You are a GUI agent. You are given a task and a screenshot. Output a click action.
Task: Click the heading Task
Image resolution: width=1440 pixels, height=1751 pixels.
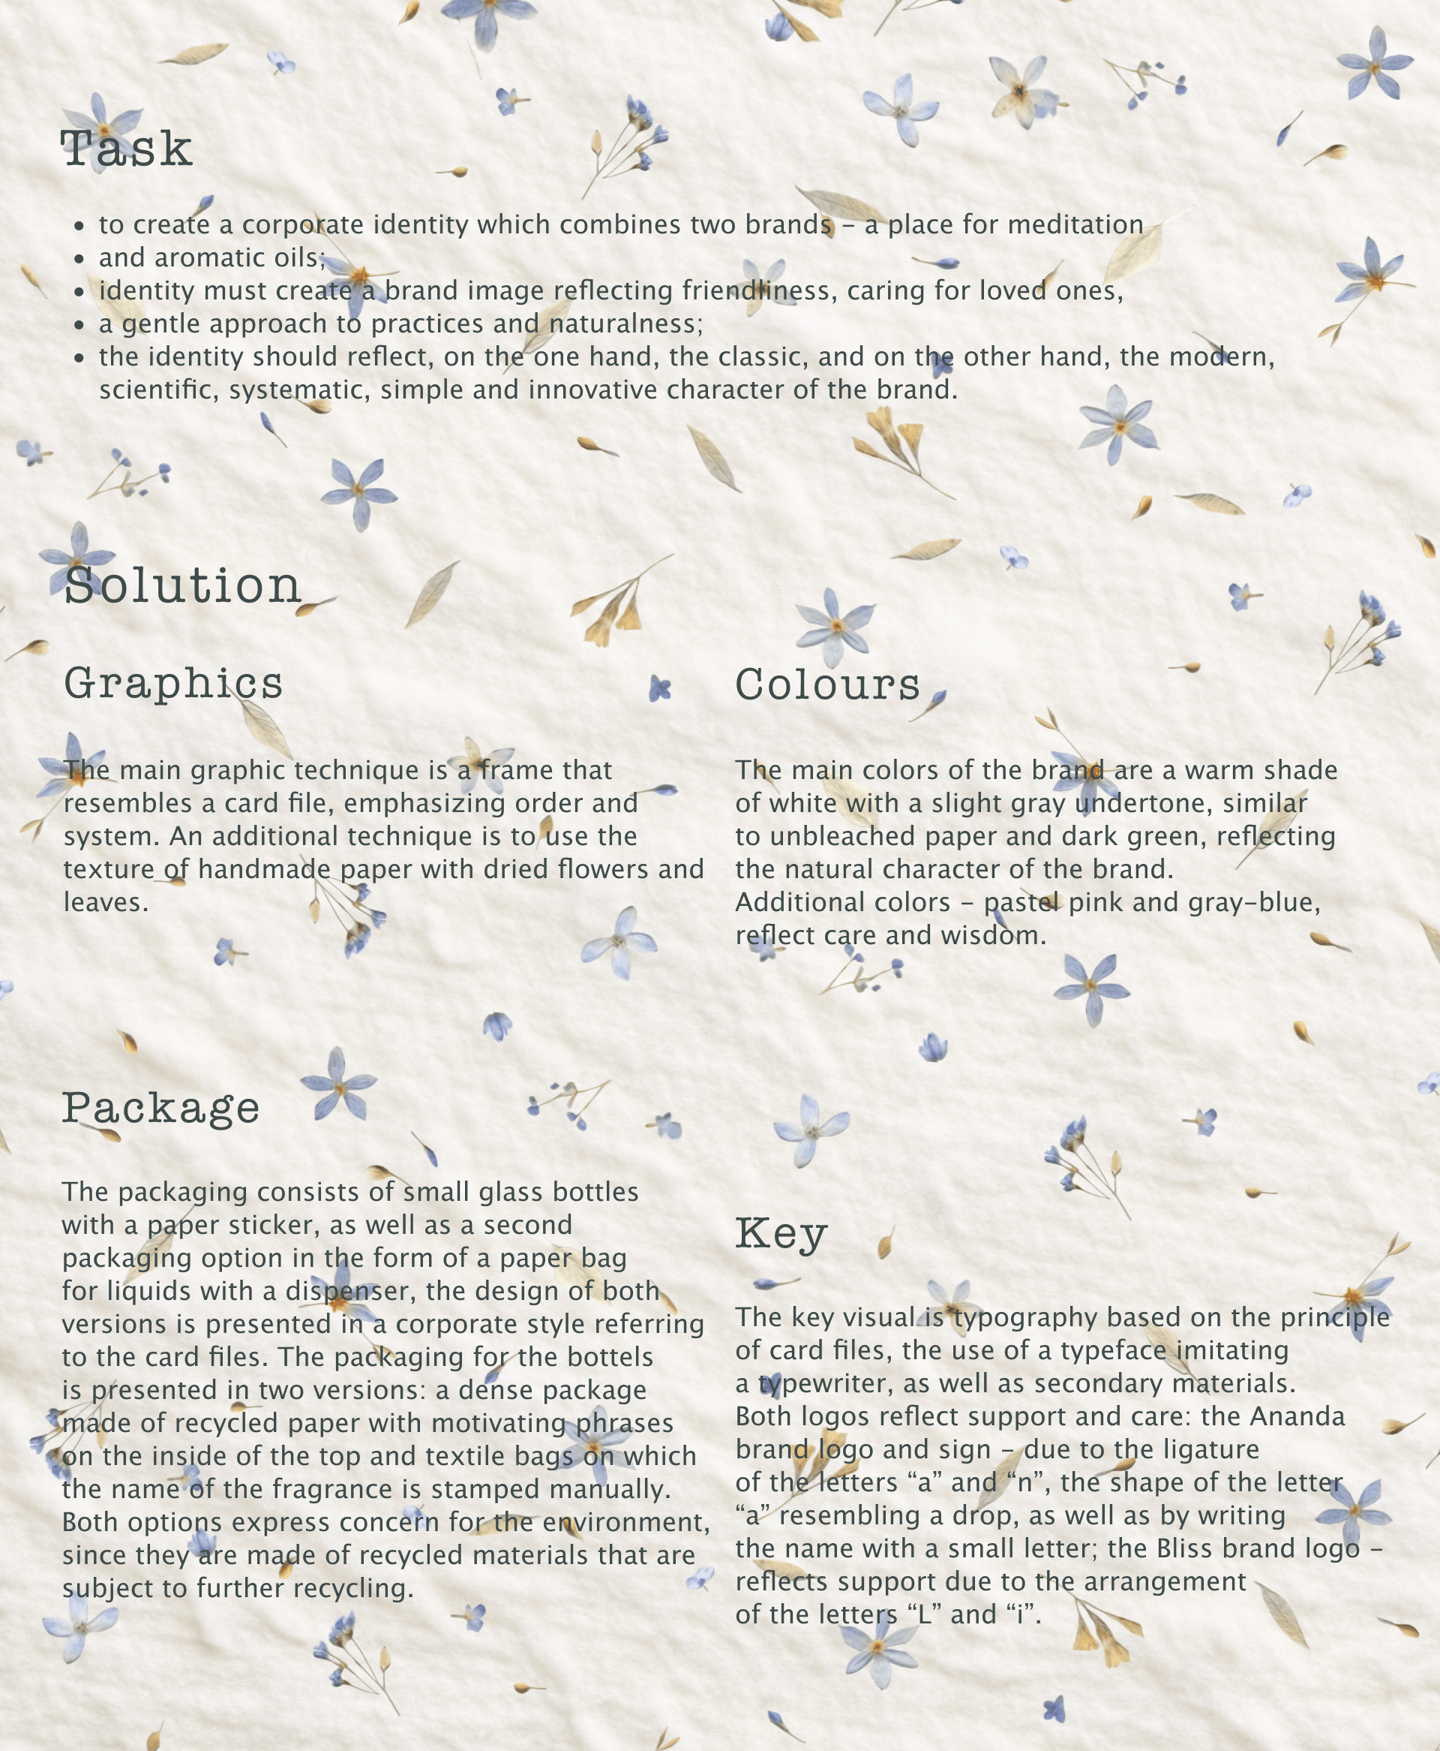tap(126, 149)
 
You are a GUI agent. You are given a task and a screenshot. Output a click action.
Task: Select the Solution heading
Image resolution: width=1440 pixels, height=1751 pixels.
tap(182, 586)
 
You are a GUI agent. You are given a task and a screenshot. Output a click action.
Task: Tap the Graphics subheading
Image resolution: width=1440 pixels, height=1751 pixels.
tap(173, 684)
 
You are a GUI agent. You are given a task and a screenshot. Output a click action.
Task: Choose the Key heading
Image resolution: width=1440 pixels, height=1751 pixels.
tap(781, 1234)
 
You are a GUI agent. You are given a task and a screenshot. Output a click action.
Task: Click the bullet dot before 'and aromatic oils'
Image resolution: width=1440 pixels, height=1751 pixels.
tap(79, 259)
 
